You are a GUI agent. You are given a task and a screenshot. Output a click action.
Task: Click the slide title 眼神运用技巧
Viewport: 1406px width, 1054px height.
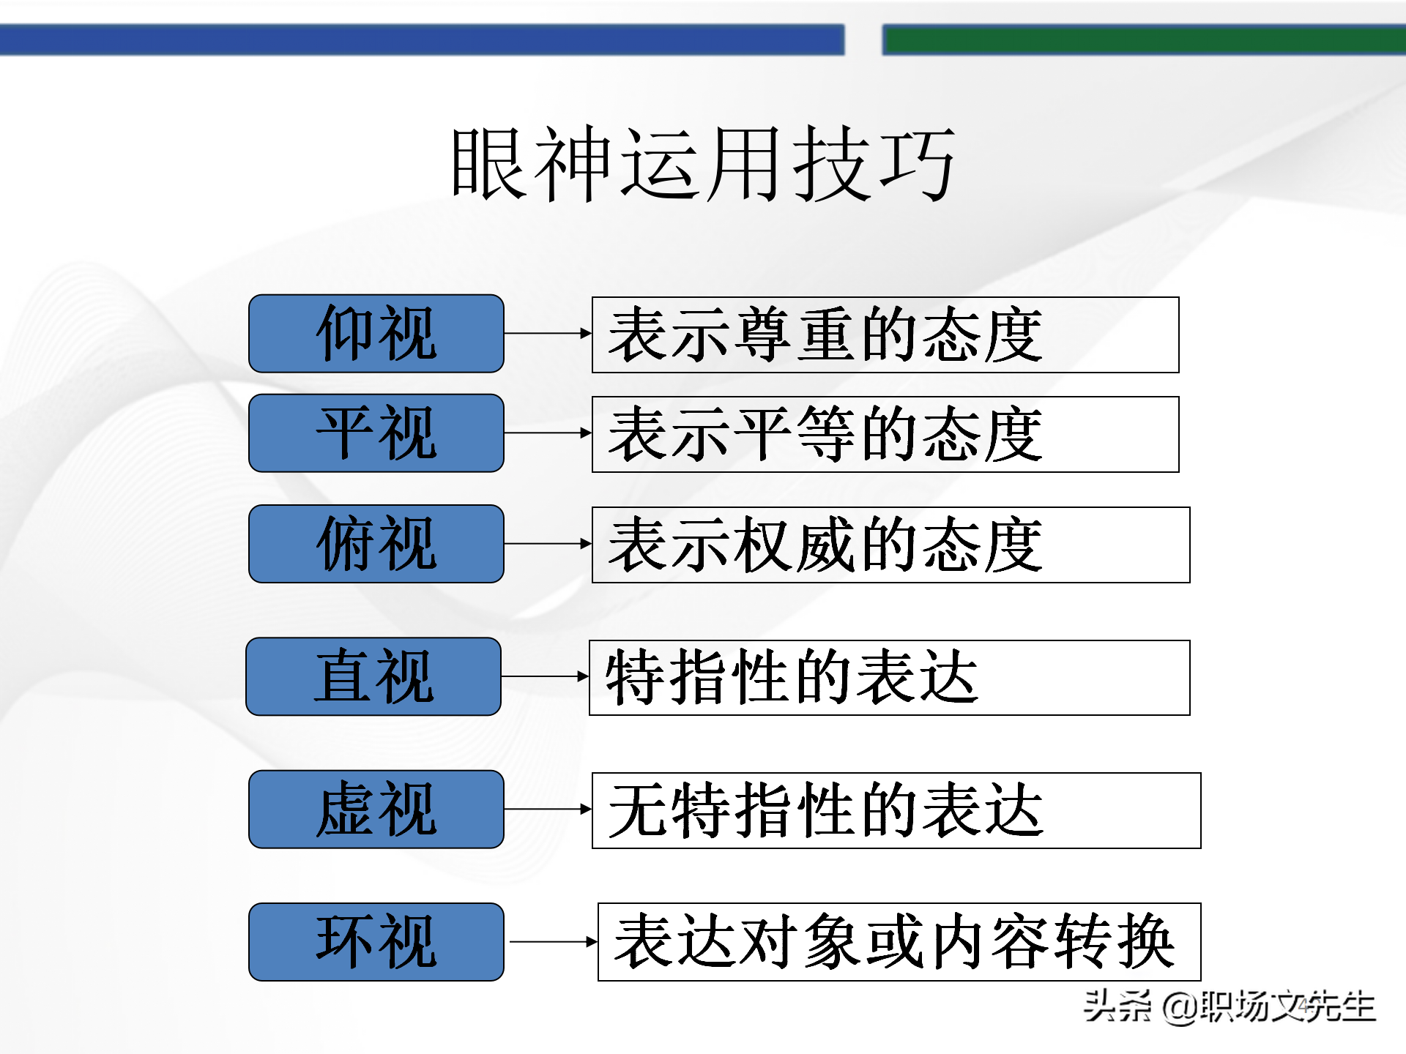703,163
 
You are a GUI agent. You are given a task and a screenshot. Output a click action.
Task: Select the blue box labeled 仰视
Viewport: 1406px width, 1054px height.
376,334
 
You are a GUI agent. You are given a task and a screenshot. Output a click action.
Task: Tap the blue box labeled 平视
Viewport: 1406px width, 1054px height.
376,433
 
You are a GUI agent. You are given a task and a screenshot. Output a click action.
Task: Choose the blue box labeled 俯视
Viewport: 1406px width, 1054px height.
376,544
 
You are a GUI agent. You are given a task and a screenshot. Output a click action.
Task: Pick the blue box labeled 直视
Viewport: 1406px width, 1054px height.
373,676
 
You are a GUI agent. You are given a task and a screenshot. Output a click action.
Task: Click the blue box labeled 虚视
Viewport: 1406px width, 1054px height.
376,810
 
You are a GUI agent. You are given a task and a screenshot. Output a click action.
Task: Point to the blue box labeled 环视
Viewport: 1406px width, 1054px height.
376,942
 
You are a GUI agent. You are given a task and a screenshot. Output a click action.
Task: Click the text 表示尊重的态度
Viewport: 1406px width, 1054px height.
825,335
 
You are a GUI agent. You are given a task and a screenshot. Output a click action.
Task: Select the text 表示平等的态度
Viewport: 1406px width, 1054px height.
825,435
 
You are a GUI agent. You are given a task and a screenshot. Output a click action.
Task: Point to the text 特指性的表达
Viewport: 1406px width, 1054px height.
792,678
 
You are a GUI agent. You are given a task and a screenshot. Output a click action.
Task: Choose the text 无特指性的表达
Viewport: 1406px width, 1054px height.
825,811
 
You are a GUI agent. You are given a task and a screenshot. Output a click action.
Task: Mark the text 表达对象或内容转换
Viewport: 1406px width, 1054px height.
895,943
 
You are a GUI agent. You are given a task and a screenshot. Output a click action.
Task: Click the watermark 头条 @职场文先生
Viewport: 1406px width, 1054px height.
1230,1006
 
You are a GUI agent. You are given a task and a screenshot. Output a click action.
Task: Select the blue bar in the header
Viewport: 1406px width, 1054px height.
421,40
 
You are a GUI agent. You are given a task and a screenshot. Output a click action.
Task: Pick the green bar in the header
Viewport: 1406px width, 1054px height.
1142,40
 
